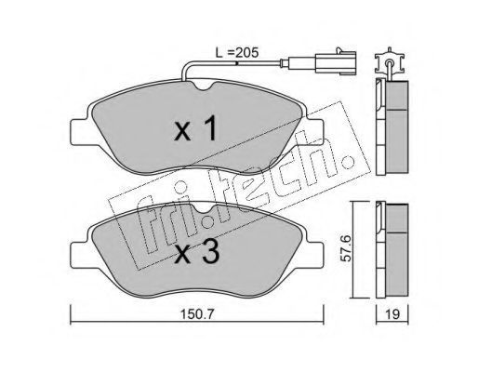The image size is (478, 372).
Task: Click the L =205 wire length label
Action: coord(237,53)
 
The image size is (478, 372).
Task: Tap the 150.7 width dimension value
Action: coord(197,315)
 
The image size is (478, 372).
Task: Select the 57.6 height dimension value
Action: coord(345,248)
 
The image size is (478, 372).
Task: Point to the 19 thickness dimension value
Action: coord(392,314)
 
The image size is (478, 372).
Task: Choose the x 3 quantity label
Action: coord(197,252)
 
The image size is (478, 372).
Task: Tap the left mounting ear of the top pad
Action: coord(80,132)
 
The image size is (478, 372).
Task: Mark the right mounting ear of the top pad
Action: coord(315,132)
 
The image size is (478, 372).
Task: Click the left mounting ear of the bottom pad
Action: coord(80,254)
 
